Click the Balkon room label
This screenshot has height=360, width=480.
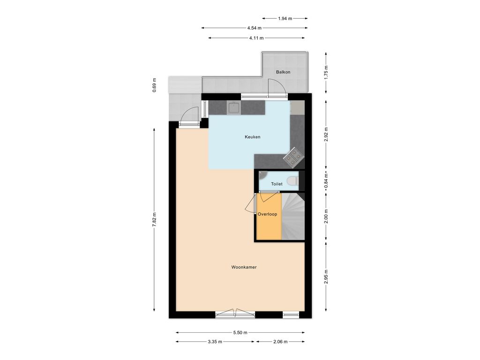point(283,72)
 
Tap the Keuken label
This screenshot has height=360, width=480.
point(252,137)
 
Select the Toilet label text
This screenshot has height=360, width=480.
point(277,184)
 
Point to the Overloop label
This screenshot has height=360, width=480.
point(267,214)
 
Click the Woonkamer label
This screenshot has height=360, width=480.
point(244,267)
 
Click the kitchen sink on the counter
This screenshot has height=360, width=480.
point(234,108)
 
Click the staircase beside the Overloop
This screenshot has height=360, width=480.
point(293,217)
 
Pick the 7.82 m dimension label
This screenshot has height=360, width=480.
point(154,219)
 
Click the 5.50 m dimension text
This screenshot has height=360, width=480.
point(240,332)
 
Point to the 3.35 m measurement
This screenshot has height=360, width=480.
point(215,342)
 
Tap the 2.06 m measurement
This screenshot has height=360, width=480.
point(280,342)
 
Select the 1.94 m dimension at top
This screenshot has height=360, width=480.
point(285,18)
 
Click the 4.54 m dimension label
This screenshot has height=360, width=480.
point(255,28)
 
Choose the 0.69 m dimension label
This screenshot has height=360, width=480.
point(154,85)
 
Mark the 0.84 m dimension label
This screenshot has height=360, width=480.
point(326,180)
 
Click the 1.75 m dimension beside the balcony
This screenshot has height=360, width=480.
point(326,73)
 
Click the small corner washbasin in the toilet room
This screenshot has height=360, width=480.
point(262,175)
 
